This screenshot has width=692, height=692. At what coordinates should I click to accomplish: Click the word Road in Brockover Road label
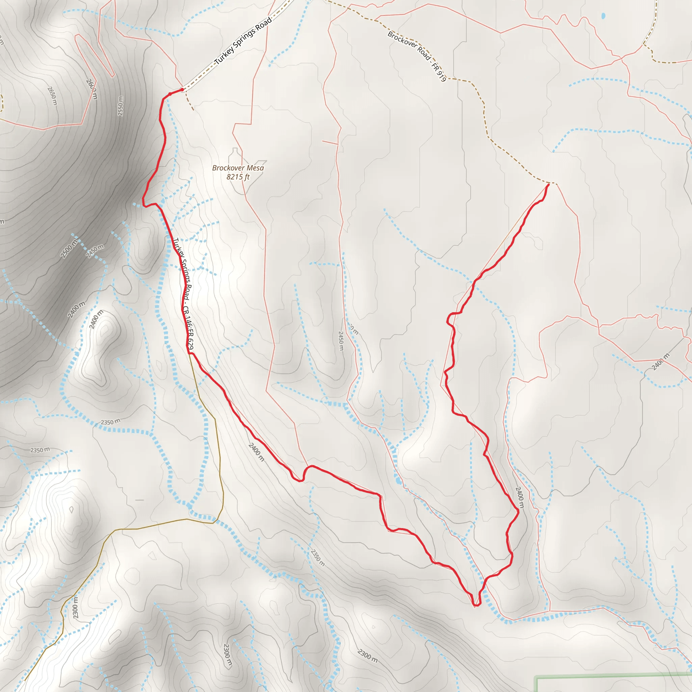tap(423, 54)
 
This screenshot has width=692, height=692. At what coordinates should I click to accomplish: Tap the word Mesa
tap(255, 168)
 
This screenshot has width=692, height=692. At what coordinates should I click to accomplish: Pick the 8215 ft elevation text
tap(238, 177)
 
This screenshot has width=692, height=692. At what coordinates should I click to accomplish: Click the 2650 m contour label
tap(52, 96)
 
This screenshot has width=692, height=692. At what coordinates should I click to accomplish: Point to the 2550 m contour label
tap(120, 106)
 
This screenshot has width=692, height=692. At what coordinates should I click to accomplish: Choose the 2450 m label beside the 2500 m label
tap(95, 251)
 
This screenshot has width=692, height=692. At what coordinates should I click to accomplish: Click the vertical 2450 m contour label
tap(341, 341)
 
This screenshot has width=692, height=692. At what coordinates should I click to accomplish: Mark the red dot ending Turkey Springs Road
tap(182, 90)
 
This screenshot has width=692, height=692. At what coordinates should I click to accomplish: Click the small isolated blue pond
tap(603, 16)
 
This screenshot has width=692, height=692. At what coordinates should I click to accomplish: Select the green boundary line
tap(609, 676)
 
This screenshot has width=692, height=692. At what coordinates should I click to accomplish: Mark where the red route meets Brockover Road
tap(548, 185)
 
